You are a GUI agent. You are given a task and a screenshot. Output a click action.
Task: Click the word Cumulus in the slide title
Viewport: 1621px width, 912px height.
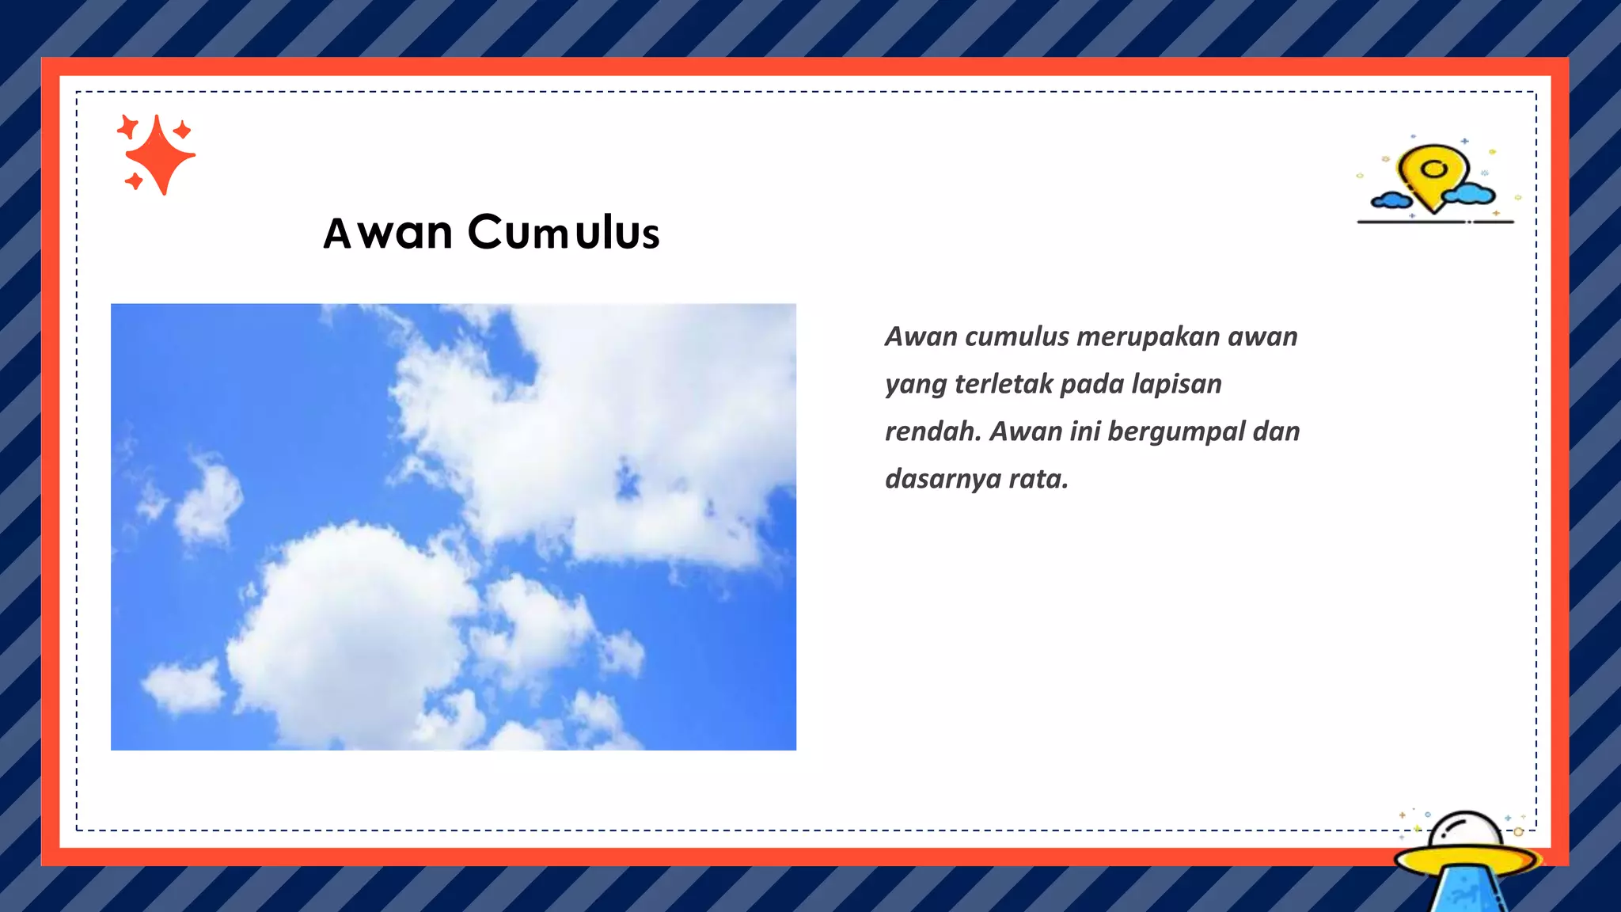[564, 233]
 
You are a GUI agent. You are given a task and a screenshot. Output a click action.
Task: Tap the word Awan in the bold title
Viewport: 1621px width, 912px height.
[388, 233]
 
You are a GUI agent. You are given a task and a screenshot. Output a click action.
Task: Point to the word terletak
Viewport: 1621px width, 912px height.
[1003, 384]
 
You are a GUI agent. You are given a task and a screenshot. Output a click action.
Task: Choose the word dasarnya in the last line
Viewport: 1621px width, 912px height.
[943, 479]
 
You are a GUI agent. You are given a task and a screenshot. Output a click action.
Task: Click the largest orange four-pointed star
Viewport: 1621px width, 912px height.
[160, 154]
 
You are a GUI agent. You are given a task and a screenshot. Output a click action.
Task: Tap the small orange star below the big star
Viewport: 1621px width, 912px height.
[134, 181]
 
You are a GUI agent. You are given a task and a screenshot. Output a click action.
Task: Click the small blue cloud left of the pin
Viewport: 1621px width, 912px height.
[1391, 199]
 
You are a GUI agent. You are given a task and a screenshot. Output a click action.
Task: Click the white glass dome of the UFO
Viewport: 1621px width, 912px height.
[1464, 829]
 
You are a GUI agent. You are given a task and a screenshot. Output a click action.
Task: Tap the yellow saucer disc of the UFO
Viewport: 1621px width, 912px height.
[1464, 858]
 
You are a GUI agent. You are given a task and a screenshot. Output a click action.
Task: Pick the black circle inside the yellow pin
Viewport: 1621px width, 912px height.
[1434, 169]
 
